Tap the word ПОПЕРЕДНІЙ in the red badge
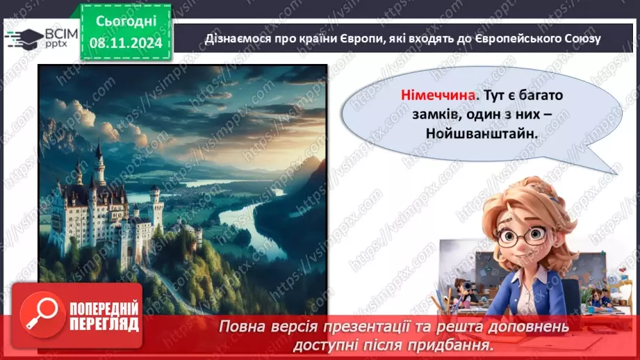tap(103, 309)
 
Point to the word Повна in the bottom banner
tap(242, 326)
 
